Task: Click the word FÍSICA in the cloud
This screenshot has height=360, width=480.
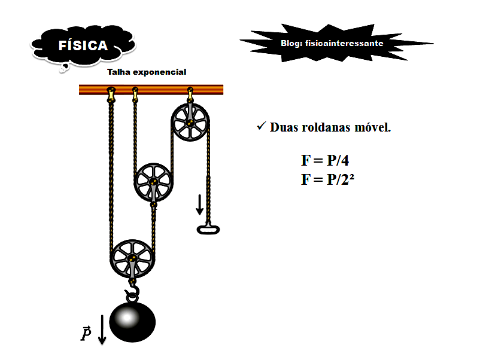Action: pyautogui.click(x=83, y=46)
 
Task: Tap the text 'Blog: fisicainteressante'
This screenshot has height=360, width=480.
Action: pyautogui.click(x=332, y=43)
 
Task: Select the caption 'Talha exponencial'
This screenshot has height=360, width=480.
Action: pyautogui.click(x=147, y=72)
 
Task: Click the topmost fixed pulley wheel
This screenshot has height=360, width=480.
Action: pyautogui.click(x=190, y=123)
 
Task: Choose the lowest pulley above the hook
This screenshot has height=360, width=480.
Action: pyautogui.click(x=132, y=258)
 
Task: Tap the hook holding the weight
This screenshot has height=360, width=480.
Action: pyautogui.click(x=132, y=292)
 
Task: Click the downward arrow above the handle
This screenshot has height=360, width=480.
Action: pyautogui.click(x=199, y=205)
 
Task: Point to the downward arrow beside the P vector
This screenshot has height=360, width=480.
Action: pyautogui.click(x=102, y=329)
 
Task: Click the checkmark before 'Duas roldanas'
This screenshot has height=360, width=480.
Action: pyautogui.click(x=260, y=127)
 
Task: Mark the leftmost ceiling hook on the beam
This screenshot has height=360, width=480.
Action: pyautogui.click(x=111, y=94)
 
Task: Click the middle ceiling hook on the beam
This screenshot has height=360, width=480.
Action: pyautogui.click(x=135, y=94)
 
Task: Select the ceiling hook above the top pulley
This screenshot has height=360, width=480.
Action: pyautogui.click(x=190, y=94)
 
